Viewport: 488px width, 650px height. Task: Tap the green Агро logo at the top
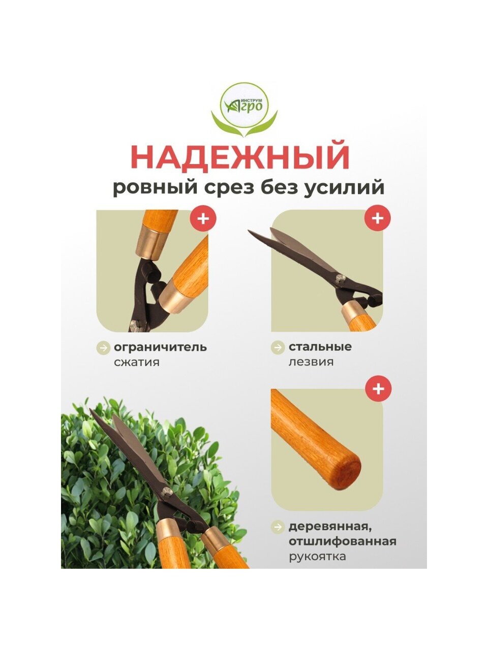pos(244,110)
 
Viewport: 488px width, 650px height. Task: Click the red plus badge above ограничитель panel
pos(203,219)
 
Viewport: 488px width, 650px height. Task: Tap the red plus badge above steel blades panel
pos(378,218)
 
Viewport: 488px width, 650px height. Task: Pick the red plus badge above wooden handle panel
pos(378,388)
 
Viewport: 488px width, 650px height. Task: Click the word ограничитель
pos(160,347)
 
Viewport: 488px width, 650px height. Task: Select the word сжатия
pos(137,362)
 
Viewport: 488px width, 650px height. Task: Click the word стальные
pos(320,347)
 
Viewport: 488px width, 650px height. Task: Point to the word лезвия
pos(311,362)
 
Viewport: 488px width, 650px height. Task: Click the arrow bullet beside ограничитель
pos(103,348)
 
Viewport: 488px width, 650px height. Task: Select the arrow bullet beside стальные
pos(278,347)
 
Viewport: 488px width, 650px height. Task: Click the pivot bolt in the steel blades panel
pos(341,278)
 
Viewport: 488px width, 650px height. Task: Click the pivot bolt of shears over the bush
pos(167,492)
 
